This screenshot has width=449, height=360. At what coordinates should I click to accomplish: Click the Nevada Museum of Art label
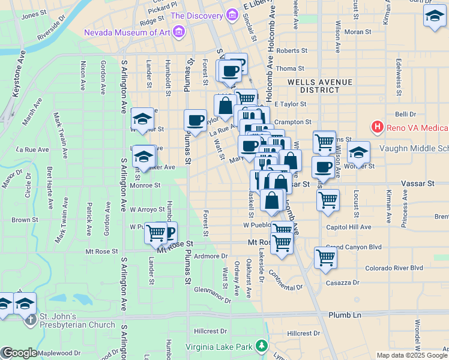pos(127,32)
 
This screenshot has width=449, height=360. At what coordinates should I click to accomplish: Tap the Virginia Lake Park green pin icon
pos(261,346)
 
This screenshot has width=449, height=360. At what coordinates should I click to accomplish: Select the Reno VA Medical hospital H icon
pos(377,127)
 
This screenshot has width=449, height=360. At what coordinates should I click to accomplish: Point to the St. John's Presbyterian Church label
pos(77,320)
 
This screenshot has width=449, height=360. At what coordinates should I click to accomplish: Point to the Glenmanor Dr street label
pos(212,294)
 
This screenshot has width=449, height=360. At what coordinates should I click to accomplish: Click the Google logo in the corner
pos(19,353)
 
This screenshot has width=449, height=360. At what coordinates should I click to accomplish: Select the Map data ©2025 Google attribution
pos(412,355)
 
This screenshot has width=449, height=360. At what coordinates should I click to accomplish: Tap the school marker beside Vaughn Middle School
pos(358,152)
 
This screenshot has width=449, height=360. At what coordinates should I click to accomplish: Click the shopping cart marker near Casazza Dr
pos(325,257)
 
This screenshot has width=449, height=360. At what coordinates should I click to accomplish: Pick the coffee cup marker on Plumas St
pos(196,119)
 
